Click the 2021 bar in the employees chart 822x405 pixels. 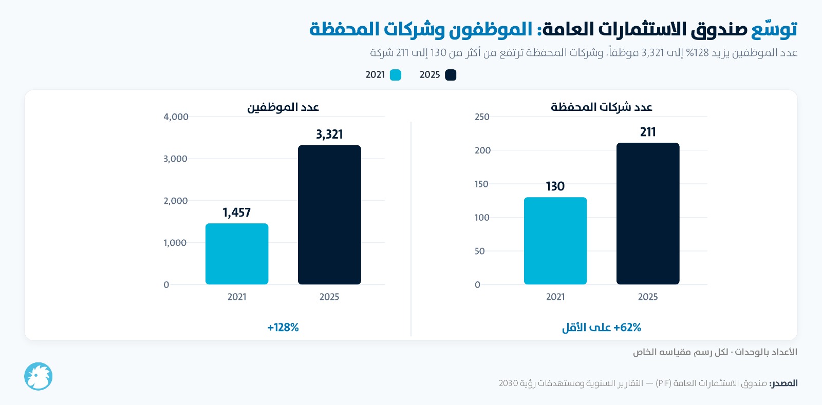pyautogui.click(x=237, y=254)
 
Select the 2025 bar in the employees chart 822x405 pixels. pyautogui.click(x=329, y=215)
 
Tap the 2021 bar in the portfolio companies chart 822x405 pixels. pyautogui.click(x=555, y=241)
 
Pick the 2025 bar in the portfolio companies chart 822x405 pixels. pyautogui.click(x=648, y=214)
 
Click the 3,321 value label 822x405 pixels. pyautogui.click(x=329, y=134)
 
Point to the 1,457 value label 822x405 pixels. pyautogui.click(x=237, y=213)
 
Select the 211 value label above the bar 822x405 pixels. pyautogui.click(x=648, y=132)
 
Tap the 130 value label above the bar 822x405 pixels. pyautogui.click(x=555, y=186)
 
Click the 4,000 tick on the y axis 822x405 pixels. pyautogui.click(x=176, y=117)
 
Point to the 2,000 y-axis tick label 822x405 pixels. pyautogui.click(x=175, y=201)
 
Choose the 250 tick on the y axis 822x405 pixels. pyautogui.click(x=482, y=117)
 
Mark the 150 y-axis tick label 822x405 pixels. pyautogui.click(x=481, y=184)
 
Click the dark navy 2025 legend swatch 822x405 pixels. pyautogui.click(x=451, y=75)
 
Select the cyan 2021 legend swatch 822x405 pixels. pyautogui.click(x=395, y=75)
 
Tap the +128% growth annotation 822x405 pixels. pyautogui.click(x=283, y=327)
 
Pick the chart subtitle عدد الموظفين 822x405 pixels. pyautogui.click(x=283, y=107)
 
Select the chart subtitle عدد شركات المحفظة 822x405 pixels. pyautogui.click(x=602, y=107)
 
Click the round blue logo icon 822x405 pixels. pyautogui.click(x=38, y=376)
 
